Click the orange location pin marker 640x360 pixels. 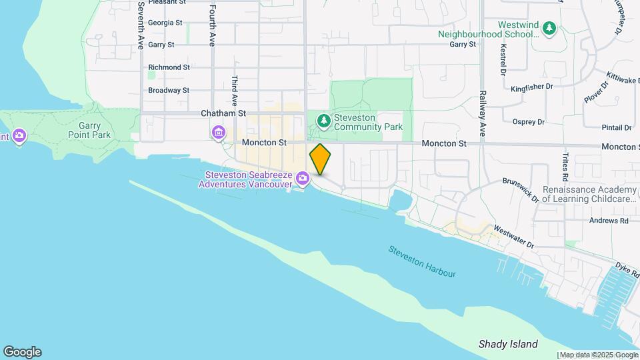(x=321, y=159)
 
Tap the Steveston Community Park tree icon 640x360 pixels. (x=323, y=121)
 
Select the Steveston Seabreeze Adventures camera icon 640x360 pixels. (x=303, y=178)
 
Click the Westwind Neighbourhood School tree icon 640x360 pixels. (x=549, y=28)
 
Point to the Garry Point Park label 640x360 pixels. (x=89, y=129)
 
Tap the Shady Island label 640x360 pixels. (x=508, y=344)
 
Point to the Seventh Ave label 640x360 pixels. (x=141, y=25)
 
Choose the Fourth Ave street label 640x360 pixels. (x=213, y=25)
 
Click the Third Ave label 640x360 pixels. (x=235, y=91)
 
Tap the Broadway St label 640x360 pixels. (x=169, y=90)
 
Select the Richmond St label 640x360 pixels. (x=169, y=67)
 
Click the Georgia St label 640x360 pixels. (x=165, y=23)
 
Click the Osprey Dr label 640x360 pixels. (x=529, y=122)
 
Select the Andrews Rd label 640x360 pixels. (x=609, y=221)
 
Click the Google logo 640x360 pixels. (x=22, y=352)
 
